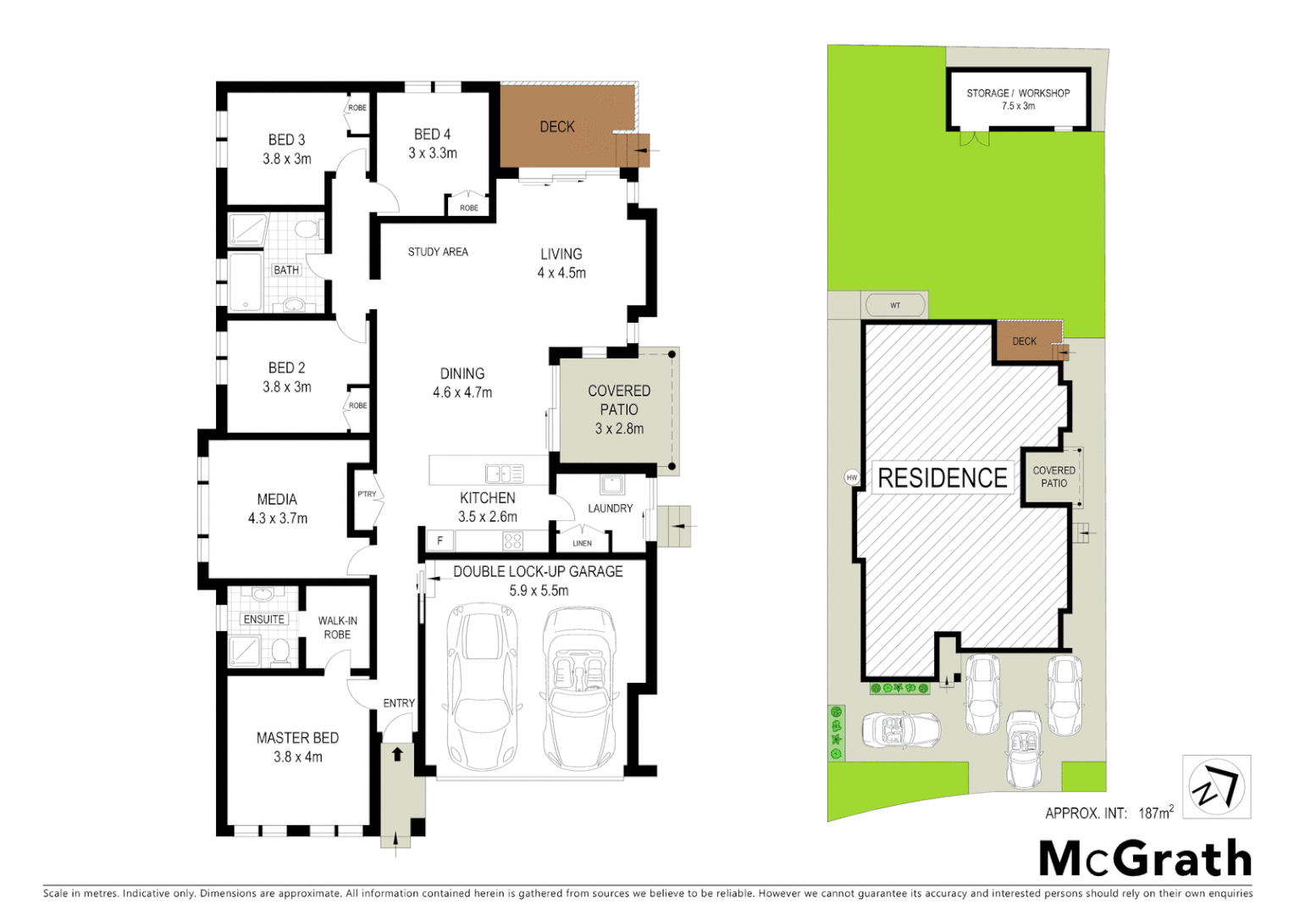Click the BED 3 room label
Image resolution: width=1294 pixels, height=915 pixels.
(286, 140)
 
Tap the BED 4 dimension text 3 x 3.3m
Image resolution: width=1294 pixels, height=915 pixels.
(433, 153)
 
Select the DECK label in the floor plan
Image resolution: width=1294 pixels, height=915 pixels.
(557, 127)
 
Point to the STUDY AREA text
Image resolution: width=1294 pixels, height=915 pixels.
(438, 252)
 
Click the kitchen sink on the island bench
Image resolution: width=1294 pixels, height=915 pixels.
(504, 474)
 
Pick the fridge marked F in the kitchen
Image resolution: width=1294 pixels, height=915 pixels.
(440, 541)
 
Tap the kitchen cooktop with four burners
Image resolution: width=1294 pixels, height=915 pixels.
(512, 541)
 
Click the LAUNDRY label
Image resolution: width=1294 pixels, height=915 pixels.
(610, 508)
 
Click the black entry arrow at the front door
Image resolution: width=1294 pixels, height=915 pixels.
(397, 753)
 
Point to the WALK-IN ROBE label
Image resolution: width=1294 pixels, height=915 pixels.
(337, 627)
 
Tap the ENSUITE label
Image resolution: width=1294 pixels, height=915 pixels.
(264, 619)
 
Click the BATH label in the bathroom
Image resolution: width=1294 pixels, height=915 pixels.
(286, 270)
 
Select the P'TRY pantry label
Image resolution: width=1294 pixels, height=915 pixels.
(367, 494)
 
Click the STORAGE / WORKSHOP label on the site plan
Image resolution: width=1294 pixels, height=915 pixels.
(1018, 93)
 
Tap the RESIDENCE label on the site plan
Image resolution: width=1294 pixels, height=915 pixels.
(943, 478)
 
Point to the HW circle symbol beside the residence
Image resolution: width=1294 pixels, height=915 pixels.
(852, 478)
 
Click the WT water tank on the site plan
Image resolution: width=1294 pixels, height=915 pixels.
(895, 305)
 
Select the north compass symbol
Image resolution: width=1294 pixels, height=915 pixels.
(1216, 788)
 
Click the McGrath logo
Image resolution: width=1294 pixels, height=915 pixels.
(1145, 859)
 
